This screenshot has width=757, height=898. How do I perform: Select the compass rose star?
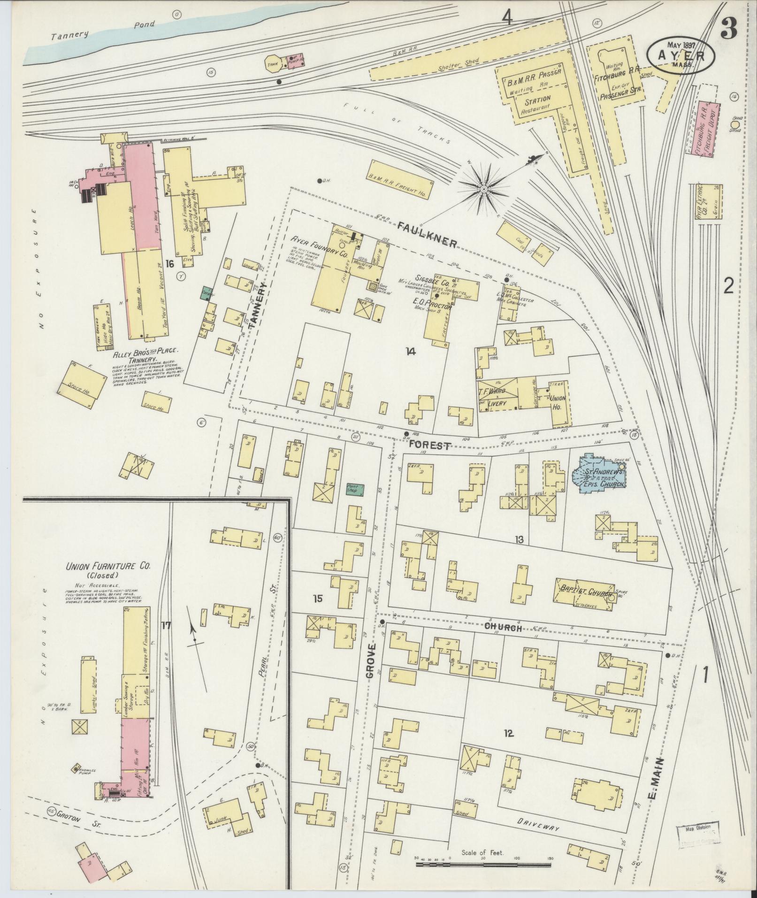[x=483, y=189]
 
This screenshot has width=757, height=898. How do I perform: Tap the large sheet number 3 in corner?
[x=728, y=29]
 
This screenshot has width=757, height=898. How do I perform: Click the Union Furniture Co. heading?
[x=108, y=567]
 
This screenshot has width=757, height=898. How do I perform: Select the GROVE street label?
[x=371, y=661]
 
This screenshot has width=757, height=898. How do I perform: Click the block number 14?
[x=411, y=352]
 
